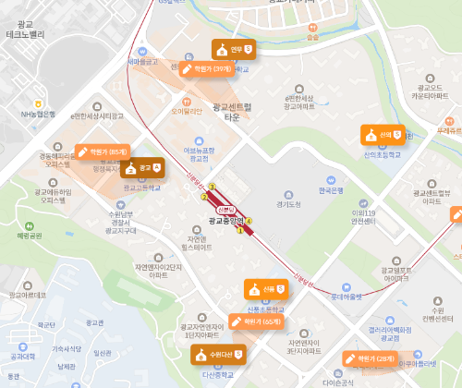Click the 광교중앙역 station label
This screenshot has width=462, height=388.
point(224,221)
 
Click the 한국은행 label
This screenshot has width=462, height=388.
point(323,190)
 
